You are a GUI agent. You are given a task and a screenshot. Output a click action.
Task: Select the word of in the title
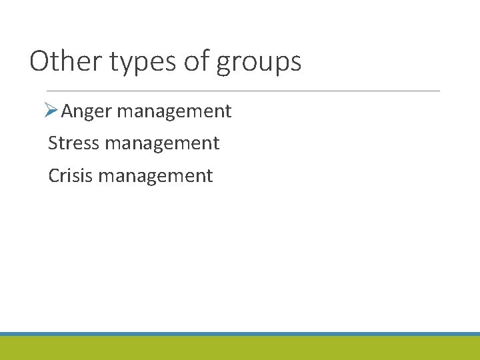[196, 61]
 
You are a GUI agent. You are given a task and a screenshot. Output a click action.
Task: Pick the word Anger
[87, 111]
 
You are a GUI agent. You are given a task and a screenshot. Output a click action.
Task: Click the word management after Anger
[174, 111]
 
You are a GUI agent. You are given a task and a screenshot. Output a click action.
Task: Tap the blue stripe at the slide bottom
[240, 333]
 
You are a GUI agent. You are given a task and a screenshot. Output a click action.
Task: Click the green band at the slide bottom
[240, 348]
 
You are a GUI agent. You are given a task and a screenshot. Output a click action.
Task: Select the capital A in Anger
[68, 111]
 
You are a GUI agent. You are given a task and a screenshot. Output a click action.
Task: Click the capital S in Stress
[53, 143]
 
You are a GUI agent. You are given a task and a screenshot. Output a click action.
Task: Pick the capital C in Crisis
[54, 175]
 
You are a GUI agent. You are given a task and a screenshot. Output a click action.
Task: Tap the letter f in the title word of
[204, 61]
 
